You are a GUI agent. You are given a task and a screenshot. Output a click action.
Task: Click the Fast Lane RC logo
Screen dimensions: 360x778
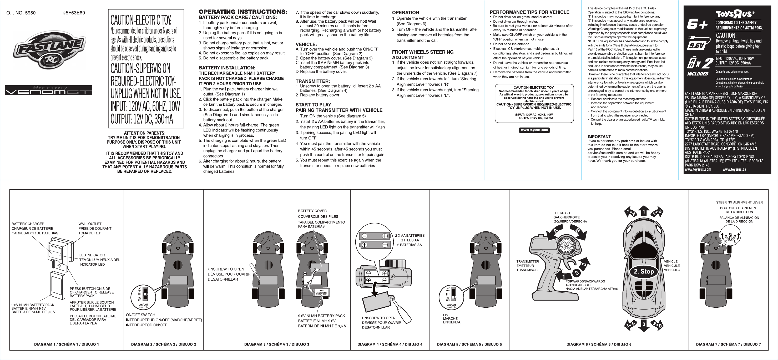pos(48,50)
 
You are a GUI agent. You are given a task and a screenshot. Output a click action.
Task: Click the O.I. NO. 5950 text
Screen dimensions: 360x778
pos(21,13)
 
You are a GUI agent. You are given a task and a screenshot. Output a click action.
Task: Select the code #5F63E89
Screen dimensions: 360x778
pos(74,13)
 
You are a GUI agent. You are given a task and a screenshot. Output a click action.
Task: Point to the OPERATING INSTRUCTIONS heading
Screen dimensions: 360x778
pos(243,12)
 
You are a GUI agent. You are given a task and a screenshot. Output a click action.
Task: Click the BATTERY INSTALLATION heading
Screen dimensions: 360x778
pos(227,68)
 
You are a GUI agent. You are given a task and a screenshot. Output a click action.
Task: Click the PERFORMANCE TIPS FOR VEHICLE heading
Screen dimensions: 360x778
pos(529,12)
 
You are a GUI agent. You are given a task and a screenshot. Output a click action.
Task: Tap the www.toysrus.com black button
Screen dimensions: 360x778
pos(534,130)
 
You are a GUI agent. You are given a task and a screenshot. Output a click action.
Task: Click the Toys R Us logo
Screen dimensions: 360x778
pos(735,14)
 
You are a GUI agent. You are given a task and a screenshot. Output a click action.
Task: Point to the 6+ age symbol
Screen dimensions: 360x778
pos(697,24)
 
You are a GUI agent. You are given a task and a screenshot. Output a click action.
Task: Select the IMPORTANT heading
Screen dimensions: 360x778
pos(599,136)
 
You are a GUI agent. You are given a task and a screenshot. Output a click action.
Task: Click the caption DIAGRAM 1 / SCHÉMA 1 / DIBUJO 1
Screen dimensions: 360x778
pos(67,344)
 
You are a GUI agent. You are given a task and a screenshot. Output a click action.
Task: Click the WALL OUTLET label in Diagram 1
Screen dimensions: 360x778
pos(90,224)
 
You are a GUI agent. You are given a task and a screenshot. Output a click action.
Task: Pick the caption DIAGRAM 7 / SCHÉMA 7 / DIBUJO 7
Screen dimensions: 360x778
pos(728,344)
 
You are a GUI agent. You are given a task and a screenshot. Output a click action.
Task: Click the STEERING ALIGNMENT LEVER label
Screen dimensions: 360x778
pos(739,202)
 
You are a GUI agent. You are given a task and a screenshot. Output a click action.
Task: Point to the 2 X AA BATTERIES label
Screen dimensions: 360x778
pos(410,236)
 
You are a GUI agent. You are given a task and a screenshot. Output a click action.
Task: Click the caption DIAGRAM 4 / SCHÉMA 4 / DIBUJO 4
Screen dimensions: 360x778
pos(390,344)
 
